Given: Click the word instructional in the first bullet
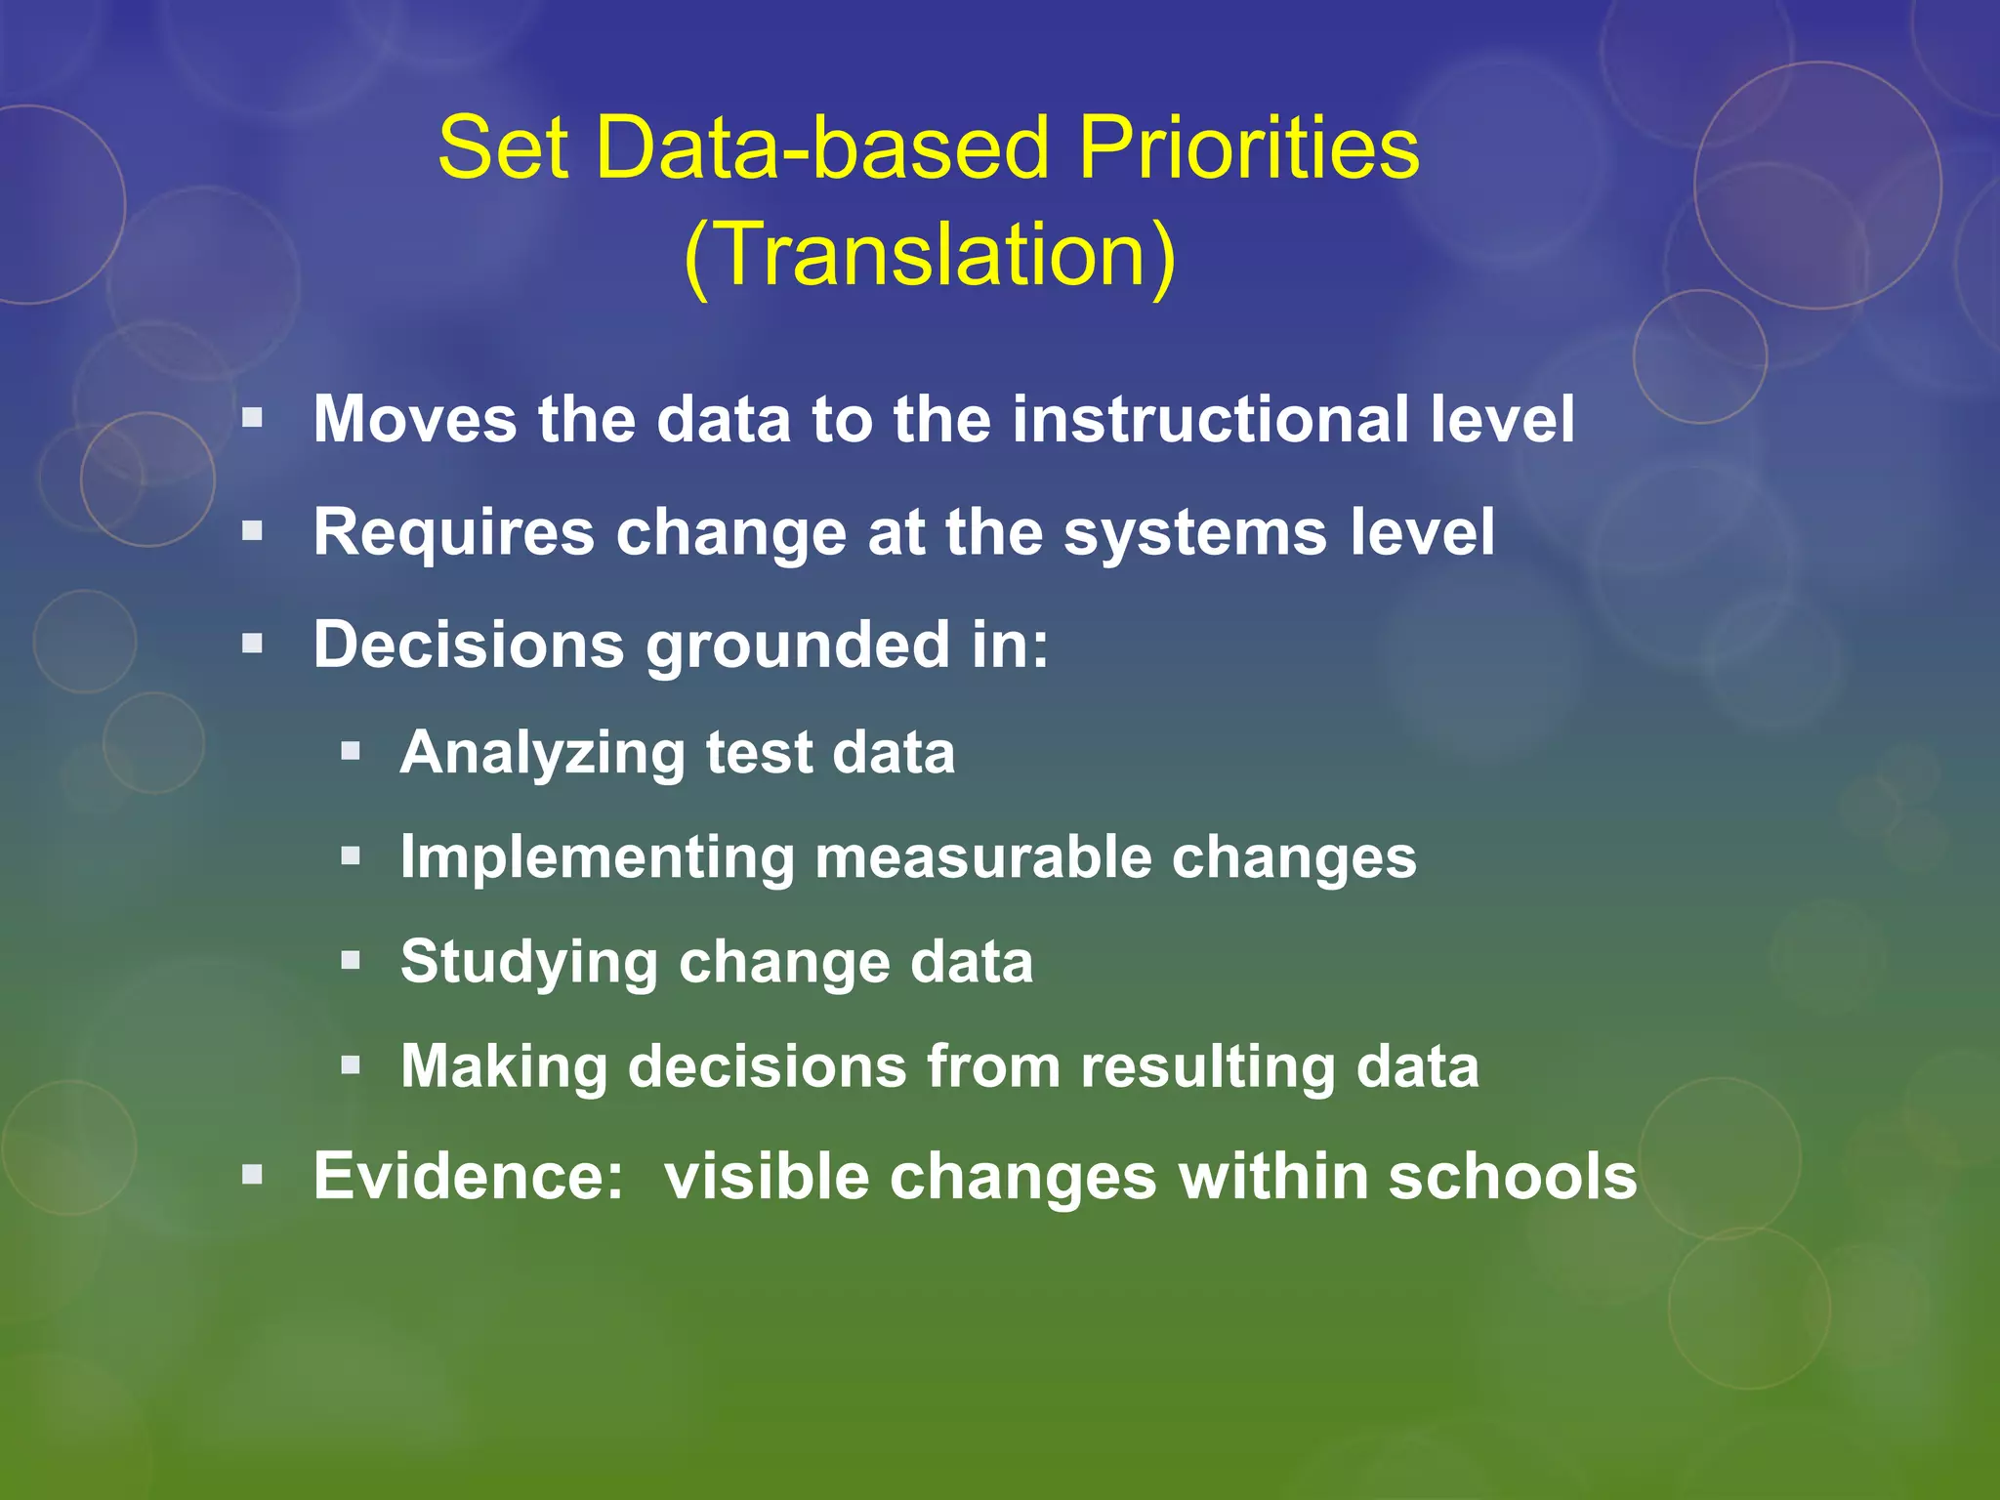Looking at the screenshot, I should point(1210,420).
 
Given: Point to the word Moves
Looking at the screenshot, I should point(415,420).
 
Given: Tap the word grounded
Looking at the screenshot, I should point(798,646).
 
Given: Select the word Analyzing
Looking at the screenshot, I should point(543,754).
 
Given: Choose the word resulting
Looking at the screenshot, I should point(1207,1066).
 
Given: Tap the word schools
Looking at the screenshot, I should point(1513,1176).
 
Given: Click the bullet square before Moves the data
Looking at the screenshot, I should point(253,419).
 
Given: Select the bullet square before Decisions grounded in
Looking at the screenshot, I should point(253,644).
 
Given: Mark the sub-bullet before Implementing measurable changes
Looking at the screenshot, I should point(351,856).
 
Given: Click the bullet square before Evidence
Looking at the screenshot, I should point(253,1175).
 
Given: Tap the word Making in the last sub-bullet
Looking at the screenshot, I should point(504,1066).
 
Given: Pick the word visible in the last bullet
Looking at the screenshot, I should point(767,1176).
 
